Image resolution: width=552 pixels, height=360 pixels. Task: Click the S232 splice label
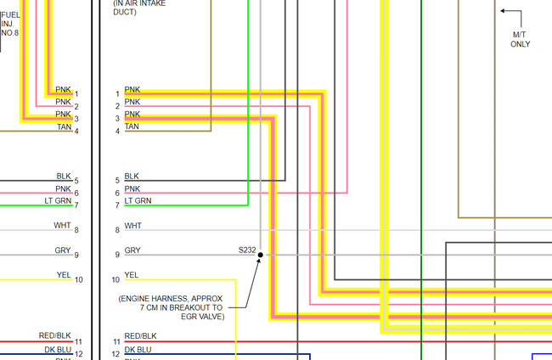tap(247, 250)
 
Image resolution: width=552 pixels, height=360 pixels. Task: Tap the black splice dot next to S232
tap(261, 255)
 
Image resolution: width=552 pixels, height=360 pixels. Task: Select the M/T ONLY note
tap(520, 39)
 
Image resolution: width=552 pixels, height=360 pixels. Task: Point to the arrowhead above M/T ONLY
tap(503, 11)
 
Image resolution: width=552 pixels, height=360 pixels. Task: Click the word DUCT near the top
tap(125, 13)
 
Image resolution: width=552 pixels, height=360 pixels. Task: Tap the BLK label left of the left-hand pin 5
tap(64, 176)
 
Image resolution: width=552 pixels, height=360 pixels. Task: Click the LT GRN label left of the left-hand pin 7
tap(57, 200)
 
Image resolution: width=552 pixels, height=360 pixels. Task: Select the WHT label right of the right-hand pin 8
tap(133, 226)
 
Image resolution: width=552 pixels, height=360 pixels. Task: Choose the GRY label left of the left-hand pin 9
tap(63, 250)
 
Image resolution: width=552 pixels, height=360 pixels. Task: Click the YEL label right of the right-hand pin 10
tap(132, 275)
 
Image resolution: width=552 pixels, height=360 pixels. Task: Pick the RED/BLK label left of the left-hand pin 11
tap(55, 336)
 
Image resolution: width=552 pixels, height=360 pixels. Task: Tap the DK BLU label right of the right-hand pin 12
tap(138, 349)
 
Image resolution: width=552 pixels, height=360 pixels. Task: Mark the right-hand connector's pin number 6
tap(117, 193)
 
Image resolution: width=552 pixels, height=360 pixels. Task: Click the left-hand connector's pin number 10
tap(79, 279)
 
